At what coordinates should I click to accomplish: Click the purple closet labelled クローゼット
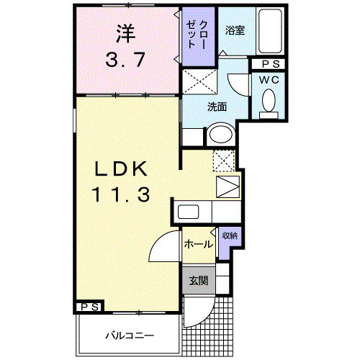pos(193,36)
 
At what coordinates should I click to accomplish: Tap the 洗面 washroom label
pos(217,107)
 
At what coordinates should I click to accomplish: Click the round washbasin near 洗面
pos(220,134)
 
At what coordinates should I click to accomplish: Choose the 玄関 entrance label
pos(198,281)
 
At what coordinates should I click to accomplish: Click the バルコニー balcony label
pos(127,335)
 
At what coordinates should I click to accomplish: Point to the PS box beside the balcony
pos(89,307)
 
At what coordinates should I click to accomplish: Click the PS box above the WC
pos(269,64)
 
